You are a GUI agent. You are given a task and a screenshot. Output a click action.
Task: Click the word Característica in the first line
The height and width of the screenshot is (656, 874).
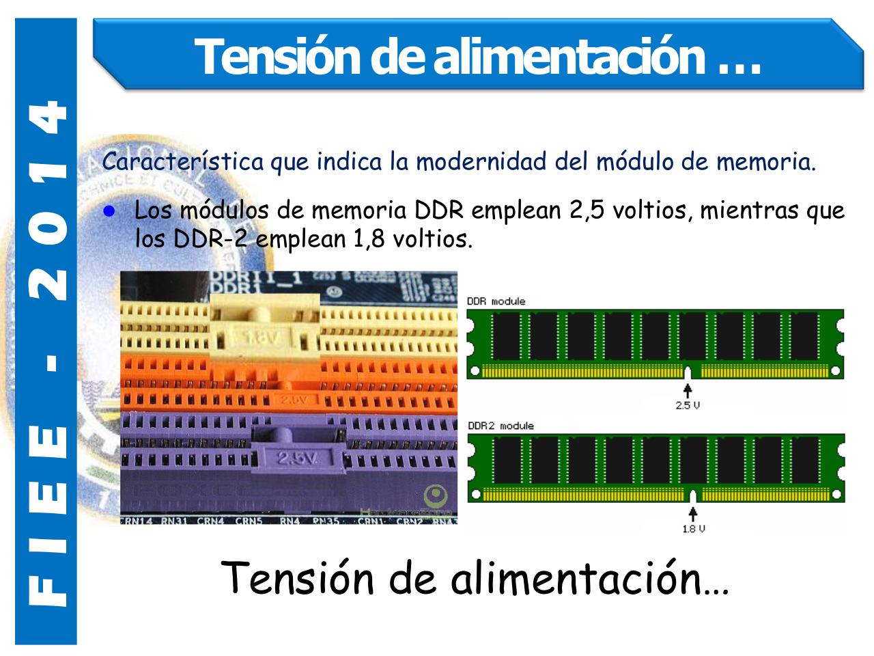coord(182,163)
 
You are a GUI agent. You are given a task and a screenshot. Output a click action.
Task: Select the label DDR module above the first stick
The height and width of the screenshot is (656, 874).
coord(496,301)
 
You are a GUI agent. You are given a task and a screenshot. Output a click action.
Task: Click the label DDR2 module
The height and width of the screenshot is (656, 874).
coord(501,426)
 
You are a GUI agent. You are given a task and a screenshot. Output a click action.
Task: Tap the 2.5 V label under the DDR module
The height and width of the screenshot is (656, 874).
coord(688,405)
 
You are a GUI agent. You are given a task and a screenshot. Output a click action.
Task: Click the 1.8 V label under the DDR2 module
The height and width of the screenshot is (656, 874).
coord(693,529)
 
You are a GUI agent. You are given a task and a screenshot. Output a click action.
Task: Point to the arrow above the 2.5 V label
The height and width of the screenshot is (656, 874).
coord(688,389)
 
